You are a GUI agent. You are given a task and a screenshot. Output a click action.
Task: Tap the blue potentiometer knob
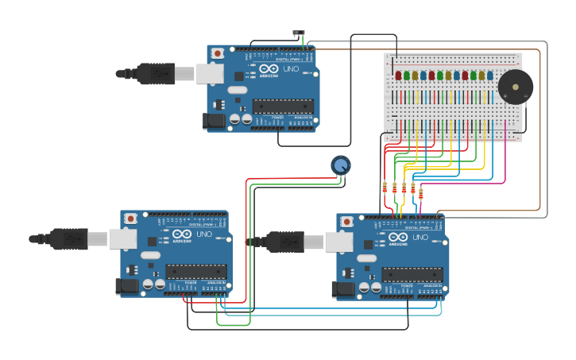[340, 165]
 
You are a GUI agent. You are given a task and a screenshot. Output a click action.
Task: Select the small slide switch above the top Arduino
[299, 33]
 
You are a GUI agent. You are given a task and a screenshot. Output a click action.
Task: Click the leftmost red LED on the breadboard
[398, 75]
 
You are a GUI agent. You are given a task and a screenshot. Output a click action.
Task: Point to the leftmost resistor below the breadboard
[385, 188]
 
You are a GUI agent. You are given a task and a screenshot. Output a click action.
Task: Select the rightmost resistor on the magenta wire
[420, 193]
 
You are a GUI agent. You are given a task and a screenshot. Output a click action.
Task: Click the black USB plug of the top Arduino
[156, 73]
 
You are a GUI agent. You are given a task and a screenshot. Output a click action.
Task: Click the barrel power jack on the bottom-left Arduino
[127, 286]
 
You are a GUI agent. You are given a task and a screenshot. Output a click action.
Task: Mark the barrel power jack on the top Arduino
[214, 121]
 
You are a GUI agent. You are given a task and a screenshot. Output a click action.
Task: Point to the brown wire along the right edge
[540, 127]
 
